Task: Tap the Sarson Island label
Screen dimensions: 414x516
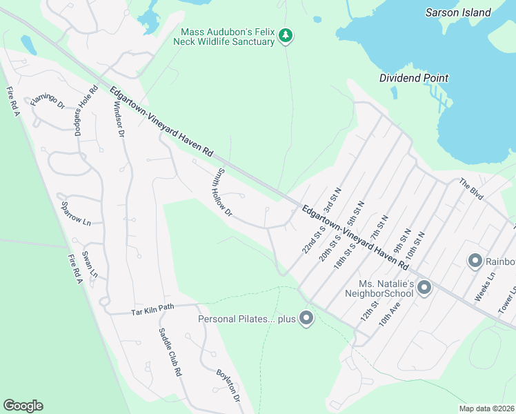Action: [458, 12]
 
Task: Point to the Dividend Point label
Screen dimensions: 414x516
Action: [414, 78]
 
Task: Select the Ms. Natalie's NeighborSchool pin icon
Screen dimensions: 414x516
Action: [424, 286]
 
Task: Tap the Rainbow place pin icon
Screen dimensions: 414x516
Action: [475, 261]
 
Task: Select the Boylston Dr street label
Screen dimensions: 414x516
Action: [227, 384]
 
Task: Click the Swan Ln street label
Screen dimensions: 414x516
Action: [90, 264]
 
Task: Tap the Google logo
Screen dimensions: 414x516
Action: [23, 406]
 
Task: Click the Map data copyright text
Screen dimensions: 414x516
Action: [487, 408]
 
